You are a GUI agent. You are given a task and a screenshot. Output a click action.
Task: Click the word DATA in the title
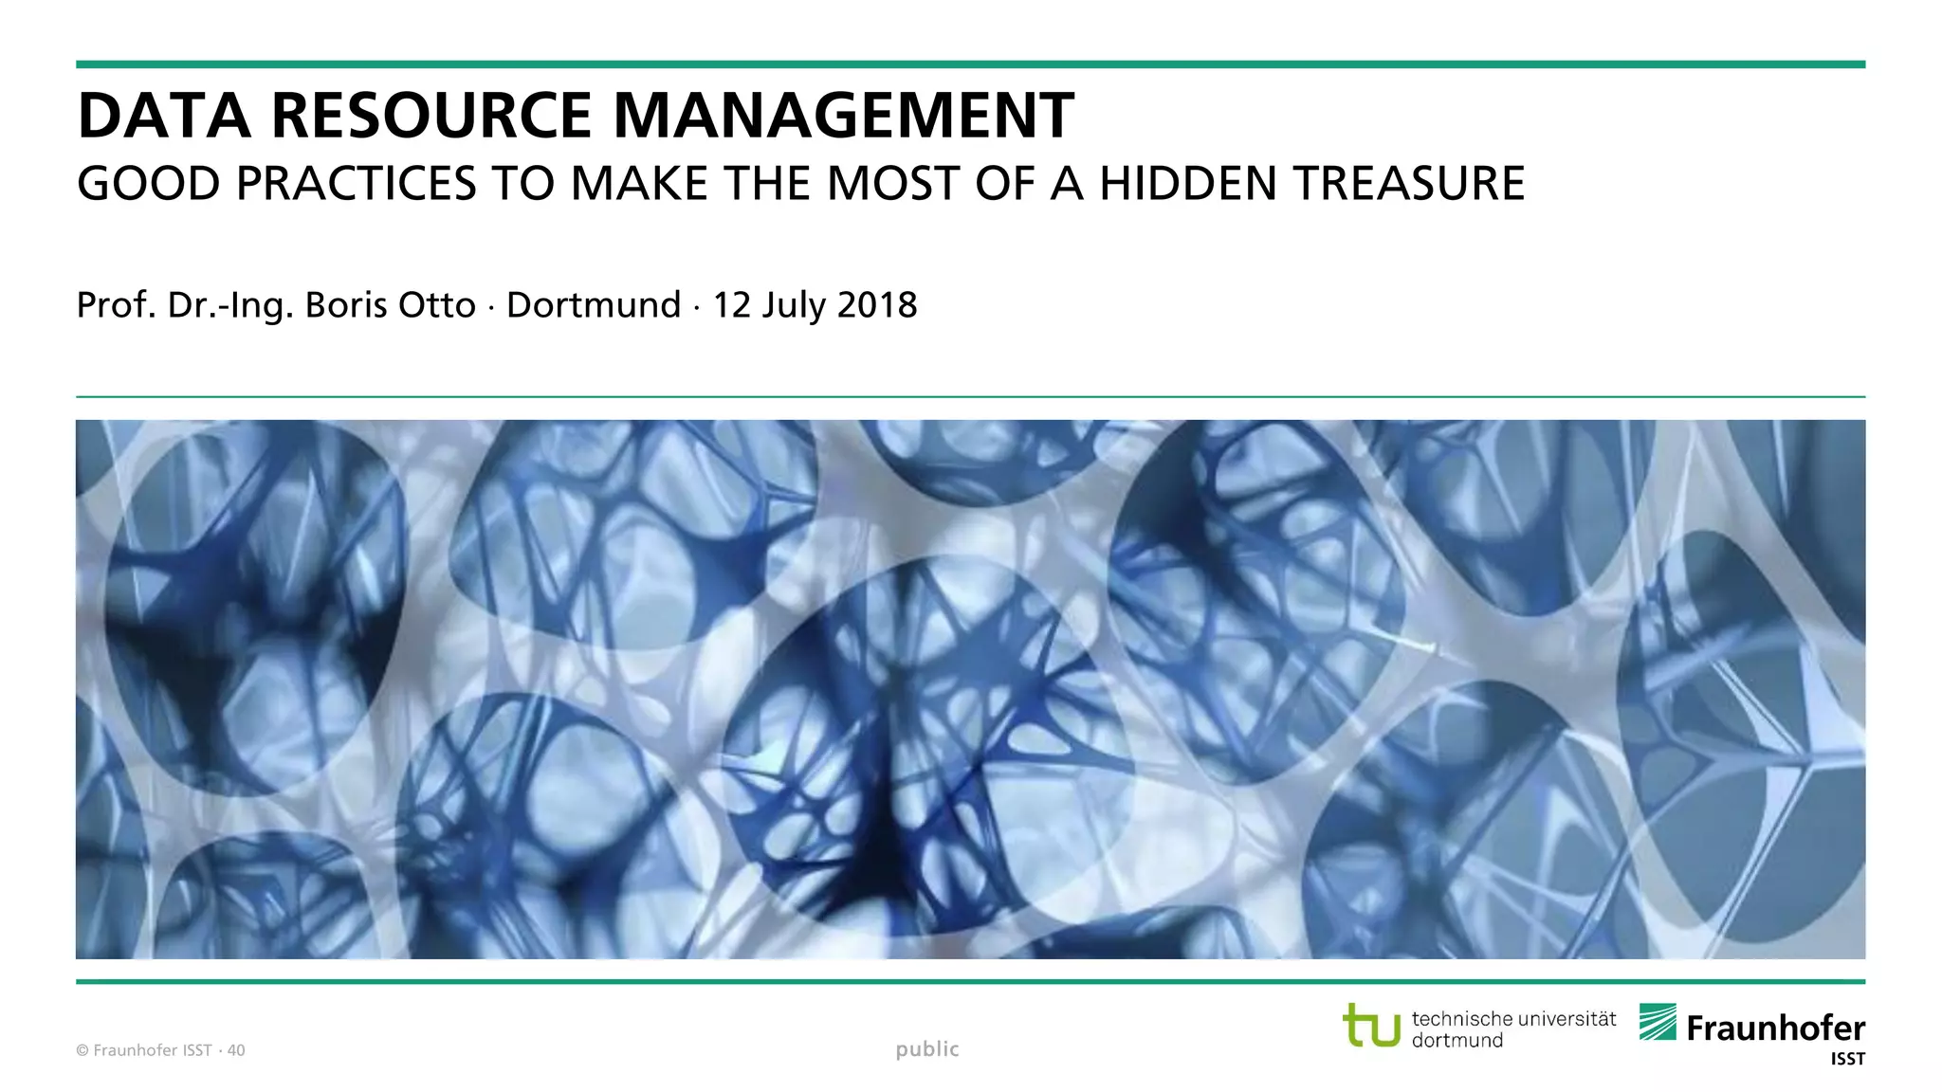tap(163, 117)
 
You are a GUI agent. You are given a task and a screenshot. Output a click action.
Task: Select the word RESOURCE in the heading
tap(431, 117)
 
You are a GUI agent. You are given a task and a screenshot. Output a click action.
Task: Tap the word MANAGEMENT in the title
tap(844, 117)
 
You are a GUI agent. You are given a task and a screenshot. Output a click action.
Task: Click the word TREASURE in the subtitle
tap(1409, 184)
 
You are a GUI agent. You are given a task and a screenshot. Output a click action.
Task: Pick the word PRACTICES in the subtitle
tap(357, 184)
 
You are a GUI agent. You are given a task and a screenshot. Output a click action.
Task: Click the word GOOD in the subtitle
tap(149, 184)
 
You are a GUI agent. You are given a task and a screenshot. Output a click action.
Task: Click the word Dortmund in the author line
tap(594, 305)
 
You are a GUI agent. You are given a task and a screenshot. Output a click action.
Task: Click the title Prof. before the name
tap(116, 305)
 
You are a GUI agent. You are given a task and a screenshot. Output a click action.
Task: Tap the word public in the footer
tap(927, 1049)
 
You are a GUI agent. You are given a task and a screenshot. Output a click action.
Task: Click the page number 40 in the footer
tap(236, 1050)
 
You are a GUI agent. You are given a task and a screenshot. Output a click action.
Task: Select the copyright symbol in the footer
tap(82, 1050)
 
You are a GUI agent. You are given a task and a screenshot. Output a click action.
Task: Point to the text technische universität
tap(1513, 1019)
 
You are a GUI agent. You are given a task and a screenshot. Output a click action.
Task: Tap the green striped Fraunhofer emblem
tap(1658, 1022)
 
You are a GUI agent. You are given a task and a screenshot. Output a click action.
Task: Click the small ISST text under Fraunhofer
tap(1847, 1060)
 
